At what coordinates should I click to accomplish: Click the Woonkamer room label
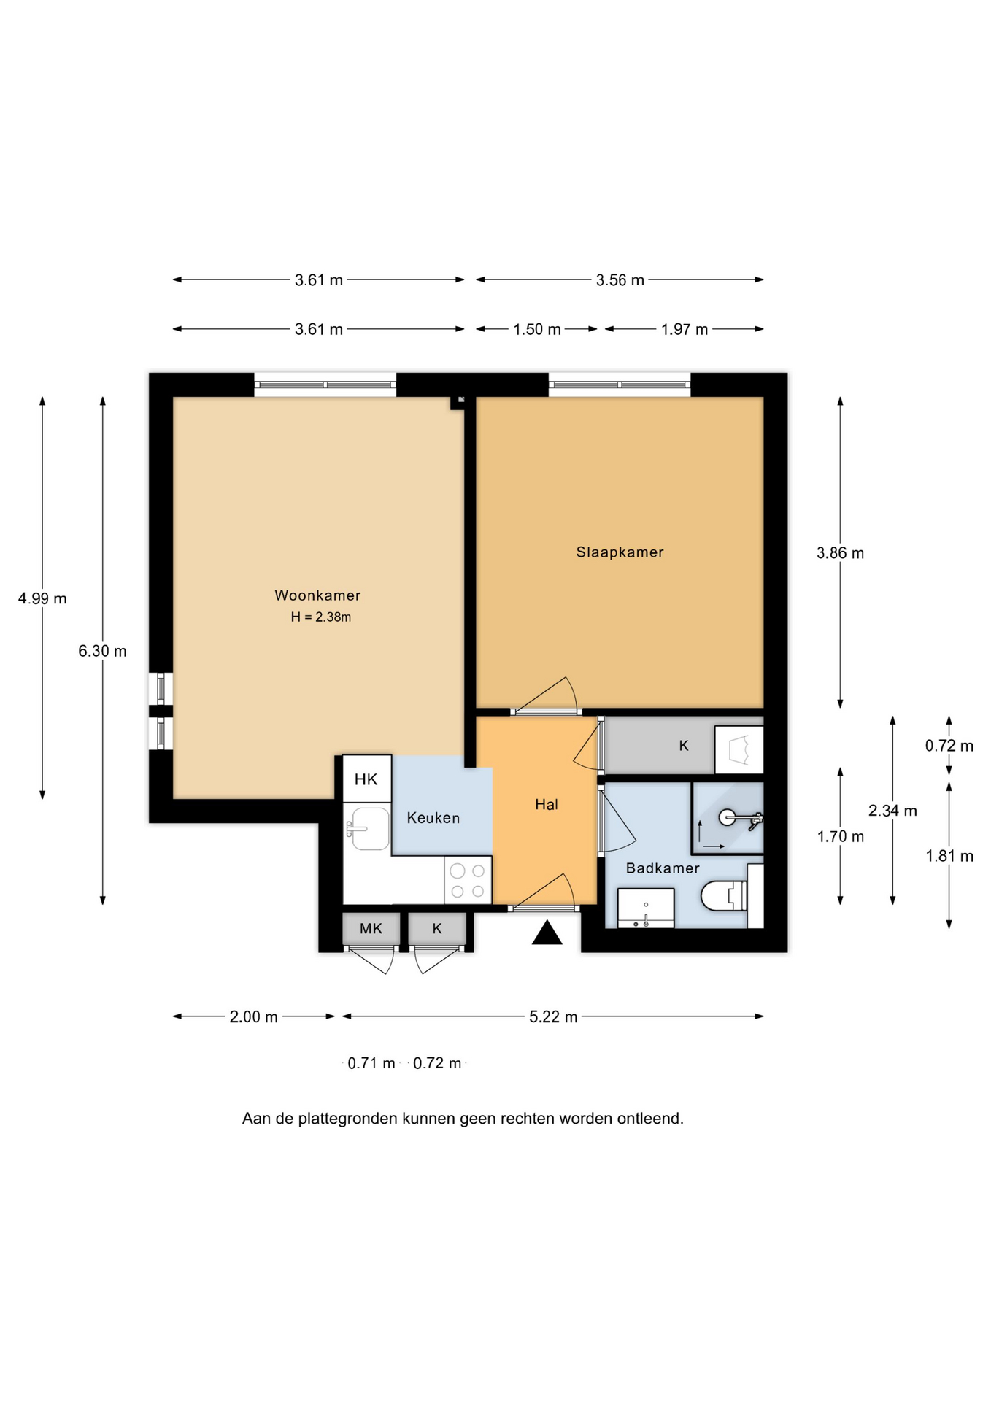(x=317, y=595)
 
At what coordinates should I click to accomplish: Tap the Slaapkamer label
(x=620, y=552)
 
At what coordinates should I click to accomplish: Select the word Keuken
(x=433, y=818)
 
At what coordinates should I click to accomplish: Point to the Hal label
(x=547, y=804)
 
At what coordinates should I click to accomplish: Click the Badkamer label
(x=663, y=868)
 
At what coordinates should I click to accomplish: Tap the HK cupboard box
(x=367, y=779)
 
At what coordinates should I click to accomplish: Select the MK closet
(x=371, y=929)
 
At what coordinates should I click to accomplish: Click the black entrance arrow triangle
(x=547, y=933)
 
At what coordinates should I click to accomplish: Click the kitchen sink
(x=369, y=828)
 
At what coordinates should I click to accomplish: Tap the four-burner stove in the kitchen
(x=468, y=881)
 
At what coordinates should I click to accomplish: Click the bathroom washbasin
(x=646, y=908)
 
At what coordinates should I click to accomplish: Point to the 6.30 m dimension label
(x=102, y=651)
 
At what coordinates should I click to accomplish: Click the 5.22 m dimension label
(x=553, y=1017)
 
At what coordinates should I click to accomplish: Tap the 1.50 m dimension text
(x=537, y=329)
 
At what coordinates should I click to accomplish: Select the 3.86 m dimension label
(x=840, y=553)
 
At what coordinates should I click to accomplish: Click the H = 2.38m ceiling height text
(x=321, y=617)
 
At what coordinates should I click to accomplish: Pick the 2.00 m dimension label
(x=253, y=1017)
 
